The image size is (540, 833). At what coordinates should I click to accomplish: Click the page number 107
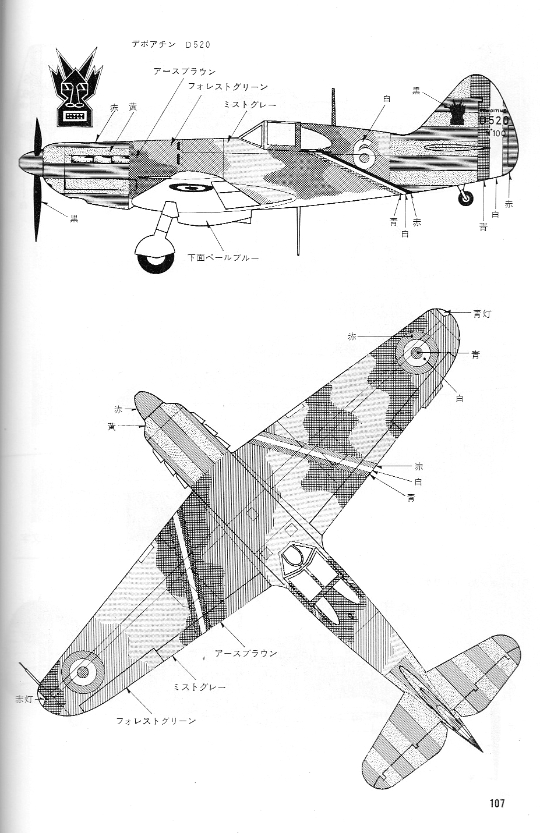[496, 804]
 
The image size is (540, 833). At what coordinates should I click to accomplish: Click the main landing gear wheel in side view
[154, 258]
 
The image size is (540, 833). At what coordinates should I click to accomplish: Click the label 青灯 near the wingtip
[483, 314]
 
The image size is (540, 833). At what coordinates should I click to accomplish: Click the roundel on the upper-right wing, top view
[417, 353]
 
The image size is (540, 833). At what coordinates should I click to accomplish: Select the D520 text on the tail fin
[494, 120]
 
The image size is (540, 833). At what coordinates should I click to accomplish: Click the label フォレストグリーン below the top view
[156, 721]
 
